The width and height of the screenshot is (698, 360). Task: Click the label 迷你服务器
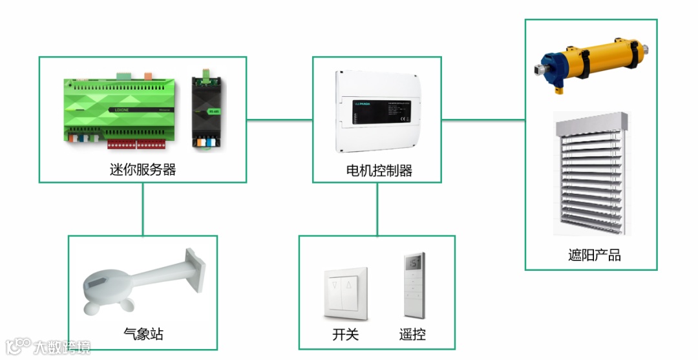click(x=143, y=170)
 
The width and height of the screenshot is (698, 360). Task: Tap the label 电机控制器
click(x=379, y=171)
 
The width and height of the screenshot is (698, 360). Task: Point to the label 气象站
click(x=143, y=334)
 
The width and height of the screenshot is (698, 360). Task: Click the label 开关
click(x=345, y=334)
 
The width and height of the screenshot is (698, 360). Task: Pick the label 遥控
click(x=412, y=334)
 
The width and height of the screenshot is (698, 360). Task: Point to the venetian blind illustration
click(x=591, y=175)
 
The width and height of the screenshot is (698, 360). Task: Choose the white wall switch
click(x=346, y=293)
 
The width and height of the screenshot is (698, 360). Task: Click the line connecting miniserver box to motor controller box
click(x=279, y=120)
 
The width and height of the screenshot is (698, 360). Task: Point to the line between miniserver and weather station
click(x=142, y=208)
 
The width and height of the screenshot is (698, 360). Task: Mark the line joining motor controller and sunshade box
click(x=483, y=120)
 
